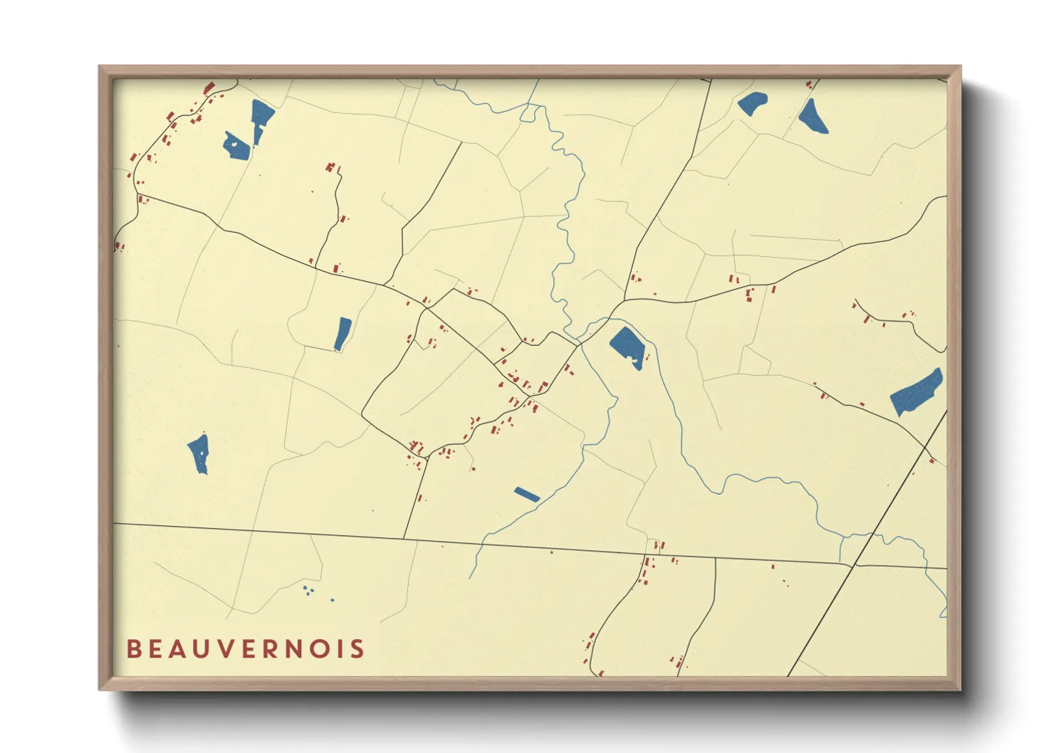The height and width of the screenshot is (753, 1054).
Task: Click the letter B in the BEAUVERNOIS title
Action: [133, 649]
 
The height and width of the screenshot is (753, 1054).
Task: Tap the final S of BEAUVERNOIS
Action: [358, 649]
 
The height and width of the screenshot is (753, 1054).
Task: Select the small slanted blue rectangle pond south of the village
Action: [527, 494]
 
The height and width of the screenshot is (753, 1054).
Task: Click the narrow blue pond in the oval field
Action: [343, 334]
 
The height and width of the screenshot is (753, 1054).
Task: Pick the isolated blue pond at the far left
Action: [199, 453]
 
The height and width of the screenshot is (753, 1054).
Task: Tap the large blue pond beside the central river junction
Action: [628, 347]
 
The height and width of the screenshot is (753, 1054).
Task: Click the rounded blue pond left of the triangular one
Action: [753, 104]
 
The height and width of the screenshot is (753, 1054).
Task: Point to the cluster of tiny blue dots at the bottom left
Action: [308, 590]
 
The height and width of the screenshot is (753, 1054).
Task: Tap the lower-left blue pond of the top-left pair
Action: [236, 146]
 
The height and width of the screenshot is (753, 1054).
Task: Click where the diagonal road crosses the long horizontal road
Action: [855, 565]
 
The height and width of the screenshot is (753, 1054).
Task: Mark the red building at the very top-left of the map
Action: [209, 88]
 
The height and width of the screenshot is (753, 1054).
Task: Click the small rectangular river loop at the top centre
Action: [529, 112]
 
